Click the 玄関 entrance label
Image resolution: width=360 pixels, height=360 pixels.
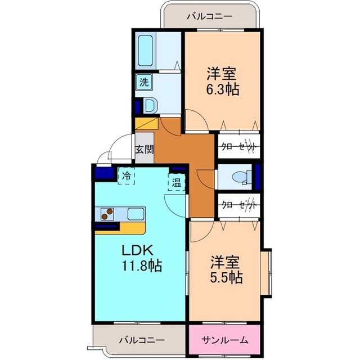tap(144, 150)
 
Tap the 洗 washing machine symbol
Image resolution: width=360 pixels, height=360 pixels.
tap(144, 82)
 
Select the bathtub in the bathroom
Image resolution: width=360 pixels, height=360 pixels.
tap(145, 51)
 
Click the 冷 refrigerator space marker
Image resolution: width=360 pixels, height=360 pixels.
tap(126, 176)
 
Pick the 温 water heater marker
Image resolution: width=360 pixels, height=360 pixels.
tap(176, 182)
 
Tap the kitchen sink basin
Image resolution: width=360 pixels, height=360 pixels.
tap(136, 214)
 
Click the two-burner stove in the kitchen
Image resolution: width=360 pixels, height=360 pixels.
tap(107, 214)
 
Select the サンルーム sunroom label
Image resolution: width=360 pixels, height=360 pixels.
tap(225, 340)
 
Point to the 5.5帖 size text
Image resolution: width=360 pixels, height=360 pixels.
tap(226, 277)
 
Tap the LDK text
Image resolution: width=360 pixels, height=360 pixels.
tap(137, 250)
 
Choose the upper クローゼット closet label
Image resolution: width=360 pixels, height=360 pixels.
tap(238, 146)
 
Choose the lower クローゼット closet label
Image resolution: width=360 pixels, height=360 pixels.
tap(238, 205)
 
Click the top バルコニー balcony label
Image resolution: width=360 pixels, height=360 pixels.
tap(209, 17)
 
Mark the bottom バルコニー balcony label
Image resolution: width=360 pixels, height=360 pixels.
tap(142, 340)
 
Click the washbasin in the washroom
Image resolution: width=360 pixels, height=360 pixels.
tap(151, 106)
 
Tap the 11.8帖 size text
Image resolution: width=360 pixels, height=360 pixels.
tap(142, 265)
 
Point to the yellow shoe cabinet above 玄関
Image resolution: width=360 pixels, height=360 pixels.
tap(147, 124)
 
